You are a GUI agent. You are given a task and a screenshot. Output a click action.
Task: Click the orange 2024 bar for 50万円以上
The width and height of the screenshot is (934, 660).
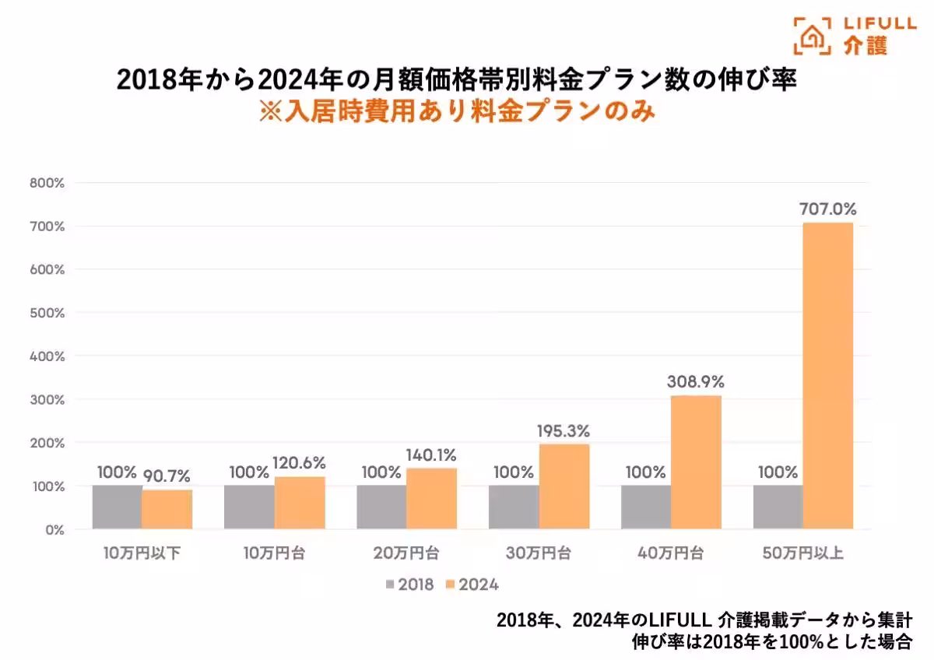(828, 376)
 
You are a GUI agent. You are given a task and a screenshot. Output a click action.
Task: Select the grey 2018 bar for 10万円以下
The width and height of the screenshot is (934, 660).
(117, 507)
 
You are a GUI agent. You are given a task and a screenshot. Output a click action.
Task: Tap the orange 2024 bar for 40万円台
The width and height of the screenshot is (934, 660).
(696, 462)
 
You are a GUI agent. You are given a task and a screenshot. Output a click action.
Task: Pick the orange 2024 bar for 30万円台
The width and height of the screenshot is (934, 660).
(564, 486)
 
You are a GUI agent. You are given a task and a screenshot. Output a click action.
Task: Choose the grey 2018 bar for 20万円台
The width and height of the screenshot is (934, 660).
(381, 507)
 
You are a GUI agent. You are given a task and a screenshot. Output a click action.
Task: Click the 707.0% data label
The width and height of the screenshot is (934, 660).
(827, 209)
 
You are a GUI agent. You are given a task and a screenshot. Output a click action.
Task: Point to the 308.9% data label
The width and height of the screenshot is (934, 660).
(696, 382)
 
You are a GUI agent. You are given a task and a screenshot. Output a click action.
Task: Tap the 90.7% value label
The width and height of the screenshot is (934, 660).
(167, 475)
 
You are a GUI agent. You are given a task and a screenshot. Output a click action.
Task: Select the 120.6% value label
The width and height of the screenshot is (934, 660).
(299, 462)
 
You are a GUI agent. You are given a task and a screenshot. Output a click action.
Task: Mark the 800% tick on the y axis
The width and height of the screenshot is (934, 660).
(47, 183)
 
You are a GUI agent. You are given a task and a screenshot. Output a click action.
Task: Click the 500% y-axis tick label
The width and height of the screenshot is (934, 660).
(47, 313)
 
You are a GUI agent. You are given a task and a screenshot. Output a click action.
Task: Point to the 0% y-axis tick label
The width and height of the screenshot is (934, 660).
(54, 529)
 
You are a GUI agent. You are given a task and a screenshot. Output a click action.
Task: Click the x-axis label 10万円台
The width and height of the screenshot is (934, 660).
(275, 554)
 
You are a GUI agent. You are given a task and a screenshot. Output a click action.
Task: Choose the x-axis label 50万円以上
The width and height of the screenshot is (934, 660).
(803, 554)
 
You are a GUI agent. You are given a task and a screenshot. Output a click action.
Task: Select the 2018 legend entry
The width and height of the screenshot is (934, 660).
(409, 584)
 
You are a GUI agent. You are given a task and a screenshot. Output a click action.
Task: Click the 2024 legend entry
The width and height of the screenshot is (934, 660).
(473, 584)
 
